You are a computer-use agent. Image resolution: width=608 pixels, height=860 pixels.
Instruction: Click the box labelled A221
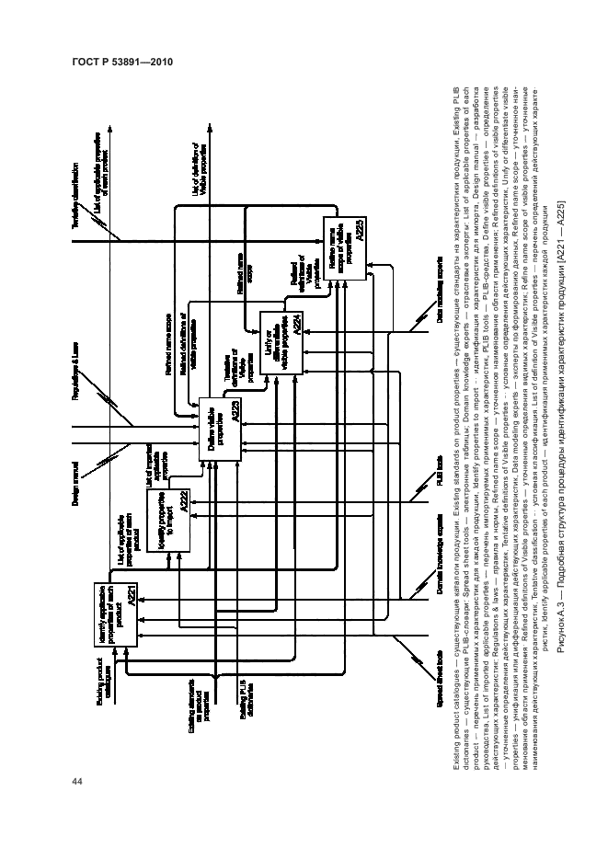tap(116, 611)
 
